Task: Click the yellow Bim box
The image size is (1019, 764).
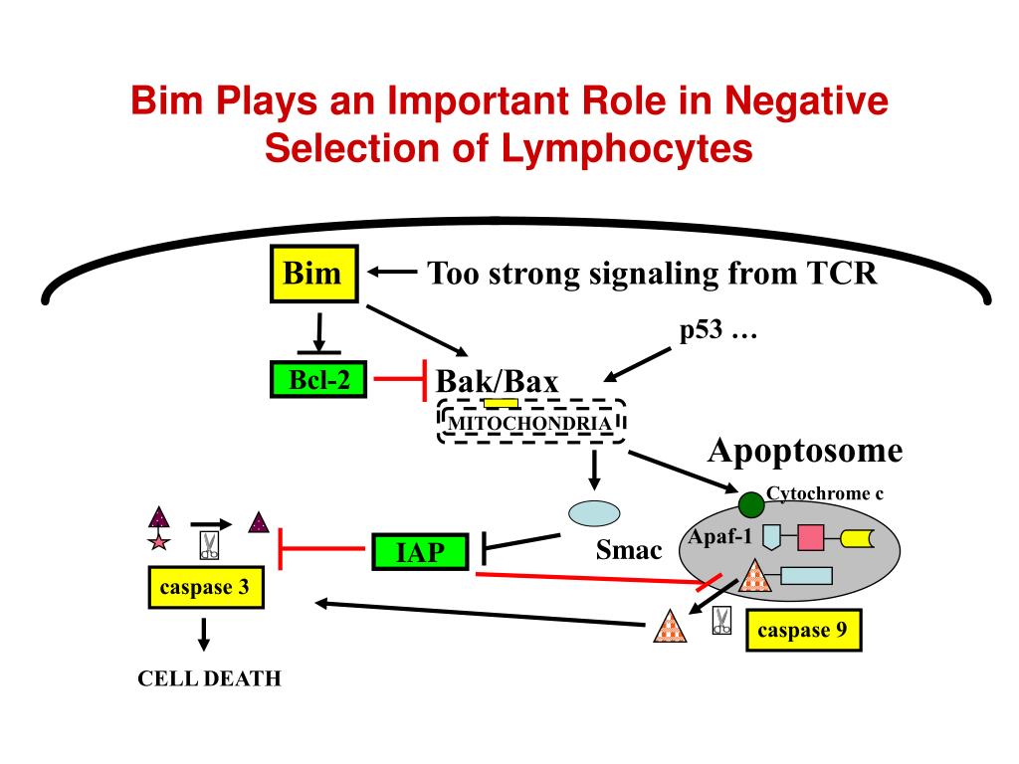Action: point(313,274)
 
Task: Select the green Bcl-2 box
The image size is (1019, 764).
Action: point(318,379)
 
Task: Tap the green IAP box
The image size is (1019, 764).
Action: point(420,552)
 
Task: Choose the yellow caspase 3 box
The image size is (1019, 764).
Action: point(206,587)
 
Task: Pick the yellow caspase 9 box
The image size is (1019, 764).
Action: point(804,630)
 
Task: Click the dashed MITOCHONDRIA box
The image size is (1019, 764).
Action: point(531,422)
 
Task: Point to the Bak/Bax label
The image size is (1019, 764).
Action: point(498,381)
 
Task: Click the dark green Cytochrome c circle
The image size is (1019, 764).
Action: point(751,504)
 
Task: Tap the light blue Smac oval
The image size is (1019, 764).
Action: point(594,513)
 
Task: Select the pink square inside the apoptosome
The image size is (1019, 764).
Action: point(810,537)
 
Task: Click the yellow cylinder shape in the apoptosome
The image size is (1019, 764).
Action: point(857,538)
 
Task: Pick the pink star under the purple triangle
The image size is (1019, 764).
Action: point(159,541)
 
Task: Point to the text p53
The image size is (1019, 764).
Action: point(701,330)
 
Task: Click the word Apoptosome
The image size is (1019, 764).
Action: point(805,451)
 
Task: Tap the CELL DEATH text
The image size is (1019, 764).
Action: point(209,678)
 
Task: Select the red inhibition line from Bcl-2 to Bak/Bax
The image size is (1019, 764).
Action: point(400,379)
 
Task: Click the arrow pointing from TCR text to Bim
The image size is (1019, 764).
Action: point(392,273)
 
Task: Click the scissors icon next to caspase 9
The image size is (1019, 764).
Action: point(721,621)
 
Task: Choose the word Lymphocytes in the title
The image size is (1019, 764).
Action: point(627,148)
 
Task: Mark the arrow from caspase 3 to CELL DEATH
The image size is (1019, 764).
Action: point(203,634)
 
